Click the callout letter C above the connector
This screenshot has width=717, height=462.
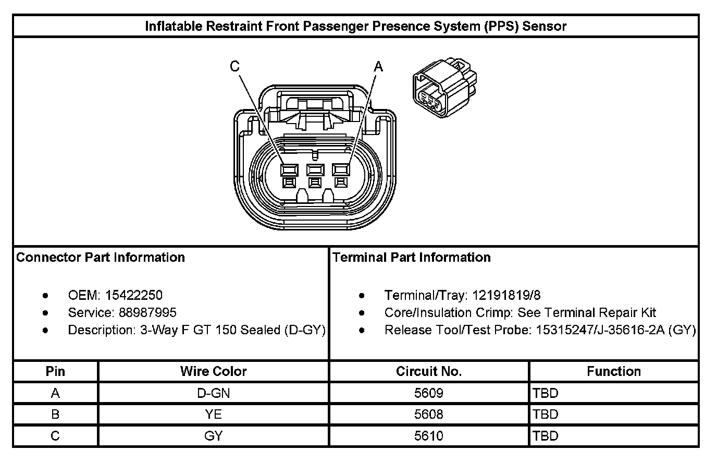coord(235,66)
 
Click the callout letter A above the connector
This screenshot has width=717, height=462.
coord(378,67)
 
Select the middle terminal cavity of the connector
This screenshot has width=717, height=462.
coord(315,169)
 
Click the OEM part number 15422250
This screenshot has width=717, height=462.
coord(134,295)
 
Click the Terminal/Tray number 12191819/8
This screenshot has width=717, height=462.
coord(506,295)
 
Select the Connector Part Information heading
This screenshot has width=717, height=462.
coord(101,257)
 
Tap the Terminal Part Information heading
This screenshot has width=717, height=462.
coord(412,257)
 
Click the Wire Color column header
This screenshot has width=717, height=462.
coord(214,371)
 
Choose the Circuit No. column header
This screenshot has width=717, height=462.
coord(429,371)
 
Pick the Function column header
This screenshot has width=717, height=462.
coord(614,371)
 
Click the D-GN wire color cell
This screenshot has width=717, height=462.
coord(214,393)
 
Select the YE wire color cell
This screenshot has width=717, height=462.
coord(214,415)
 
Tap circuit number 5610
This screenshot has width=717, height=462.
coord(429,436)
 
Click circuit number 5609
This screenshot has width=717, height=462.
coord(429,393)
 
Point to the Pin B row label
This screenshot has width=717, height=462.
coord(55,415)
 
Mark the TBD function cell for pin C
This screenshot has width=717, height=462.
coord(545,436)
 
